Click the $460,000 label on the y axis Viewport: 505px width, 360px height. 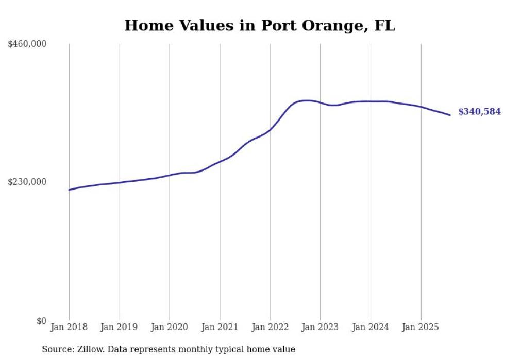click(27, 44)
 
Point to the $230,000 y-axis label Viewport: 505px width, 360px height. click(27, 182)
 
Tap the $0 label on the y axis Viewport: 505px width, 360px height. click(41, 321)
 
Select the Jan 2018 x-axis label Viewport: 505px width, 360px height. click(69, 328)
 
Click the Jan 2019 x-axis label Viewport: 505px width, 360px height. click(120, 328)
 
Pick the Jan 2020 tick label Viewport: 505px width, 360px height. click(170, 328)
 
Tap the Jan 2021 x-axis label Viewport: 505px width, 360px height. click(220, 328)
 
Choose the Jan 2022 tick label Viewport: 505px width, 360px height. click(270, 328)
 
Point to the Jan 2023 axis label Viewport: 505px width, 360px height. click(321, 328)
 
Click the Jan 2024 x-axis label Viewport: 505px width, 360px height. click(371, 328)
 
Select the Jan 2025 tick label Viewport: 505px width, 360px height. click(421, 328)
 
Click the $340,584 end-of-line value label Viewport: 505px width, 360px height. click(479, 112)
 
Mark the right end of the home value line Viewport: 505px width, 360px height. click(450, 115)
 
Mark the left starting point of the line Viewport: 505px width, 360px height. click(69, 190)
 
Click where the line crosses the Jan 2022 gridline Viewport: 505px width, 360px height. click(270, 129)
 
